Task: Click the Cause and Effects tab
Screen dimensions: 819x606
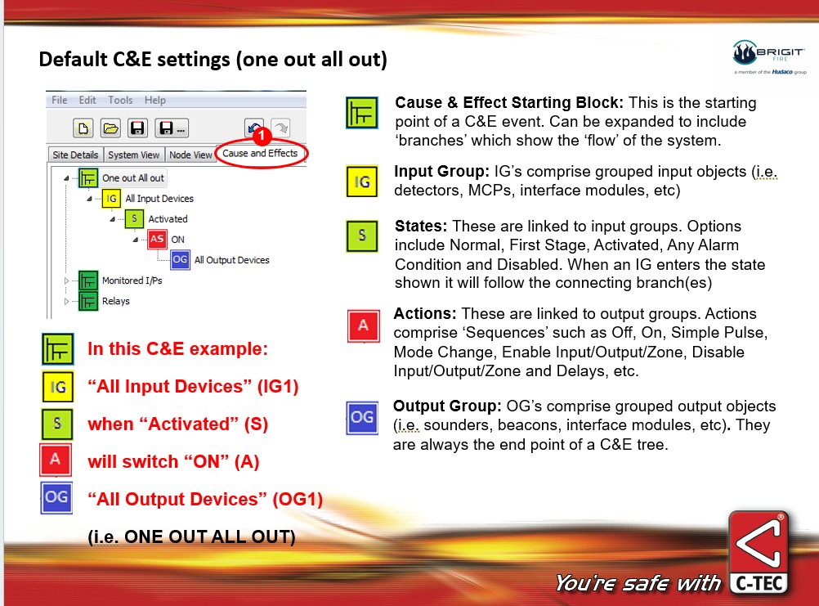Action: (x=260, y=153)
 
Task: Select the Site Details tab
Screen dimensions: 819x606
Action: (x=75, y=155)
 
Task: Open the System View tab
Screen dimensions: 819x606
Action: (x=134, y=155)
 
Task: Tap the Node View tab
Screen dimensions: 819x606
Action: (x=190, y=155)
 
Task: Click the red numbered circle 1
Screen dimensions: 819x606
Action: (x=262, y=136)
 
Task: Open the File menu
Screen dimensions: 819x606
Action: (x=60, y=100)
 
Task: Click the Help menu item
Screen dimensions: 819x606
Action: (x=155, y=100)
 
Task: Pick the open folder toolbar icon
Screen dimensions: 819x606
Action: (x=110, y=128)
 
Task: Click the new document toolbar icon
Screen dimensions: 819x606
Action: (x=83, y=128)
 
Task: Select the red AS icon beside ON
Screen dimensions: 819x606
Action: (x=157, y=239)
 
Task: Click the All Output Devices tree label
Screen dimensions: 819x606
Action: (x=232, y=259)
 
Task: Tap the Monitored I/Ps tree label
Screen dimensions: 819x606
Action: (x=132, y=281)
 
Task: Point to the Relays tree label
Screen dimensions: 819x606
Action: (x=116, y=301)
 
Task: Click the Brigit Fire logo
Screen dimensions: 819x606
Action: (x=769, y=57)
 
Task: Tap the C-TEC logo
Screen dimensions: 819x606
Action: (x=759, y=554)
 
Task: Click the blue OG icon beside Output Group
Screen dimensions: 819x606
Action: (x=362, y=417)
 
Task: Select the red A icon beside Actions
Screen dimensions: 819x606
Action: (x=364, y=325)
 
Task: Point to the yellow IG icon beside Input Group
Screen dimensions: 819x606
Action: (x=362, y=182)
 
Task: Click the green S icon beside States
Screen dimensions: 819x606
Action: (x=362, y=236)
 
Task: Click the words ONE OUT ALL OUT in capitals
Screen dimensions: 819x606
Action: (x=209, y=536)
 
